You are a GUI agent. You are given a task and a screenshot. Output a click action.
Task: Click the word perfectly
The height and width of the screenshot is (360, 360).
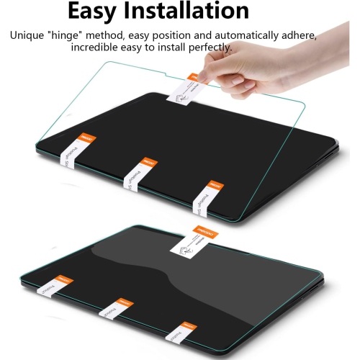210,48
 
